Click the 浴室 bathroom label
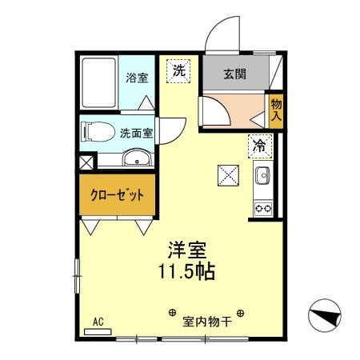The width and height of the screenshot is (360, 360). [x=137, y=78]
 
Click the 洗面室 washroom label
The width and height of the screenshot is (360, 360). [x=137, y=134]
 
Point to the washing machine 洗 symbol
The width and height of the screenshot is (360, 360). [x=179, y=70]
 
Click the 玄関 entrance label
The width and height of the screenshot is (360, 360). [x=234, y=75]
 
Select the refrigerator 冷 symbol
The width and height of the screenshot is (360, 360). [x=260, y=145]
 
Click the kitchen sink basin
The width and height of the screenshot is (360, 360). [x=262, y=176]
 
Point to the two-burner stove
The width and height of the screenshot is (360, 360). [x=262, y=206]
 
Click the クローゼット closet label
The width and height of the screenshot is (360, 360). [x=117, y=195]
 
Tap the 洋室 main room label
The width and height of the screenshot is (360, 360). [x=186, y=250]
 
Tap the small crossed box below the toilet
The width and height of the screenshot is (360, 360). [x=86, y=161]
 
